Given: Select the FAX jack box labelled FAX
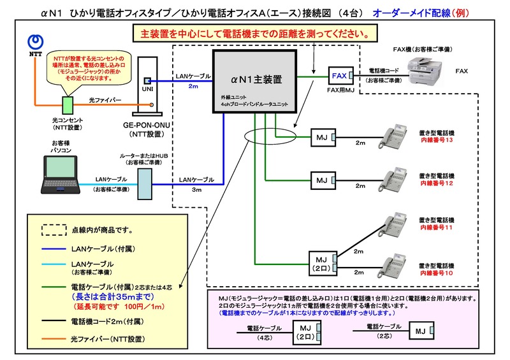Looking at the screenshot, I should click(x=339, y=76).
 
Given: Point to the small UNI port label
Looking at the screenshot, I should click(x=147, y=81).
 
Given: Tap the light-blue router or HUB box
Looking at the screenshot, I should click(x=145, y=182).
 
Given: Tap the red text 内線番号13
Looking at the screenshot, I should click(x=436, y=140).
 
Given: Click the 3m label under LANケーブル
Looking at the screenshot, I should click(x=196, y=190).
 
